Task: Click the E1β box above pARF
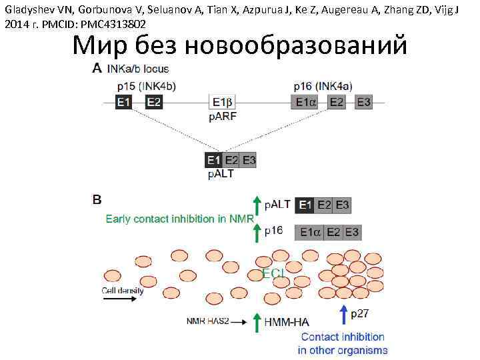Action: point(223,102)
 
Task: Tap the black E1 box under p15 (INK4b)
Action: point(124,102)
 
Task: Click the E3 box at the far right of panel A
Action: point(363,102)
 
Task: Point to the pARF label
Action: point(223,117)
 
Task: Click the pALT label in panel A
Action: point(221,175)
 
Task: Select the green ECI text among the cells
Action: point(273,273)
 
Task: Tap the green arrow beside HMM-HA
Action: point(256,322)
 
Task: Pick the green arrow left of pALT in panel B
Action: point(256,205)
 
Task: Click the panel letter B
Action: point(97,199)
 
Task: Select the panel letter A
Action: point(97,68)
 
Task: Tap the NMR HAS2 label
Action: point(207,321)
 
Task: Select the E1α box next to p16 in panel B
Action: point(311,233)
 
